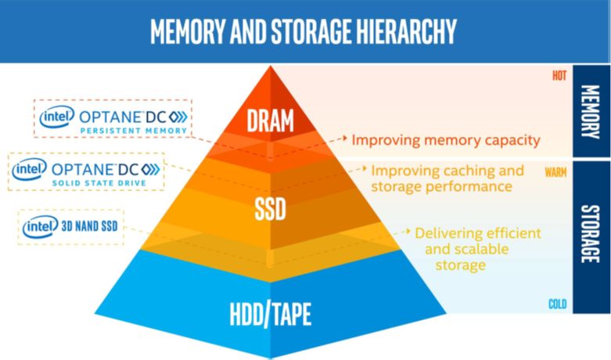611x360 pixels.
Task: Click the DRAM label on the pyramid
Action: click(x=270, y=121)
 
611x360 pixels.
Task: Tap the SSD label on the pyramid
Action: click(x=270, y=209)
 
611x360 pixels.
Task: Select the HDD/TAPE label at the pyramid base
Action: click(x=271, y=314)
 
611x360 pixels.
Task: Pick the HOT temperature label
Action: click(x=559, y=76)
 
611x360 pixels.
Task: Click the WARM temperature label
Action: click(x=555, y=172)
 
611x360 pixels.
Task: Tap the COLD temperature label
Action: click(x=558, y=304)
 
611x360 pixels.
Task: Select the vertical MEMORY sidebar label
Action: click(x=591, y=112)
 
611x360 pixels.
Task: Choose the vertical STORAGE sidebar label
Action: click(x=591, y=234)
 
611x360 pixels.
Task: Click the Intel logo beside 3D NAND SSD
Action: click(x=40, y=226)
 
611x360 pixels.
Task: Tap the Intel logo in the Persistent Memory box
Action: click(x=57, y=116)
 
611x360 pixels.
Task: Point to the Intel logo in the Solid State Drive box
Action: click(x=29, y=169)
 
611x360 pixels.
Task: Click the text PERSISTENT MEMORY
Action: click(x=134, y=131)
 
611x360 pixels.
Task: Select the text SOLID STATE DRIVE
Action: click(x=99, y=182)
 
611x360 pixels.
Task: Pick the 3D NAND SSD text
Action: click(x=90, y=226)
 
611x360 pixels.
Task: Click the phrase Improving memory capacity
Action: click(x=446, y=140)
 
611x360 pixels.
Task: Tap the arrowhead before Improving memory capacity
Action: click(x=344, y=138)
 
